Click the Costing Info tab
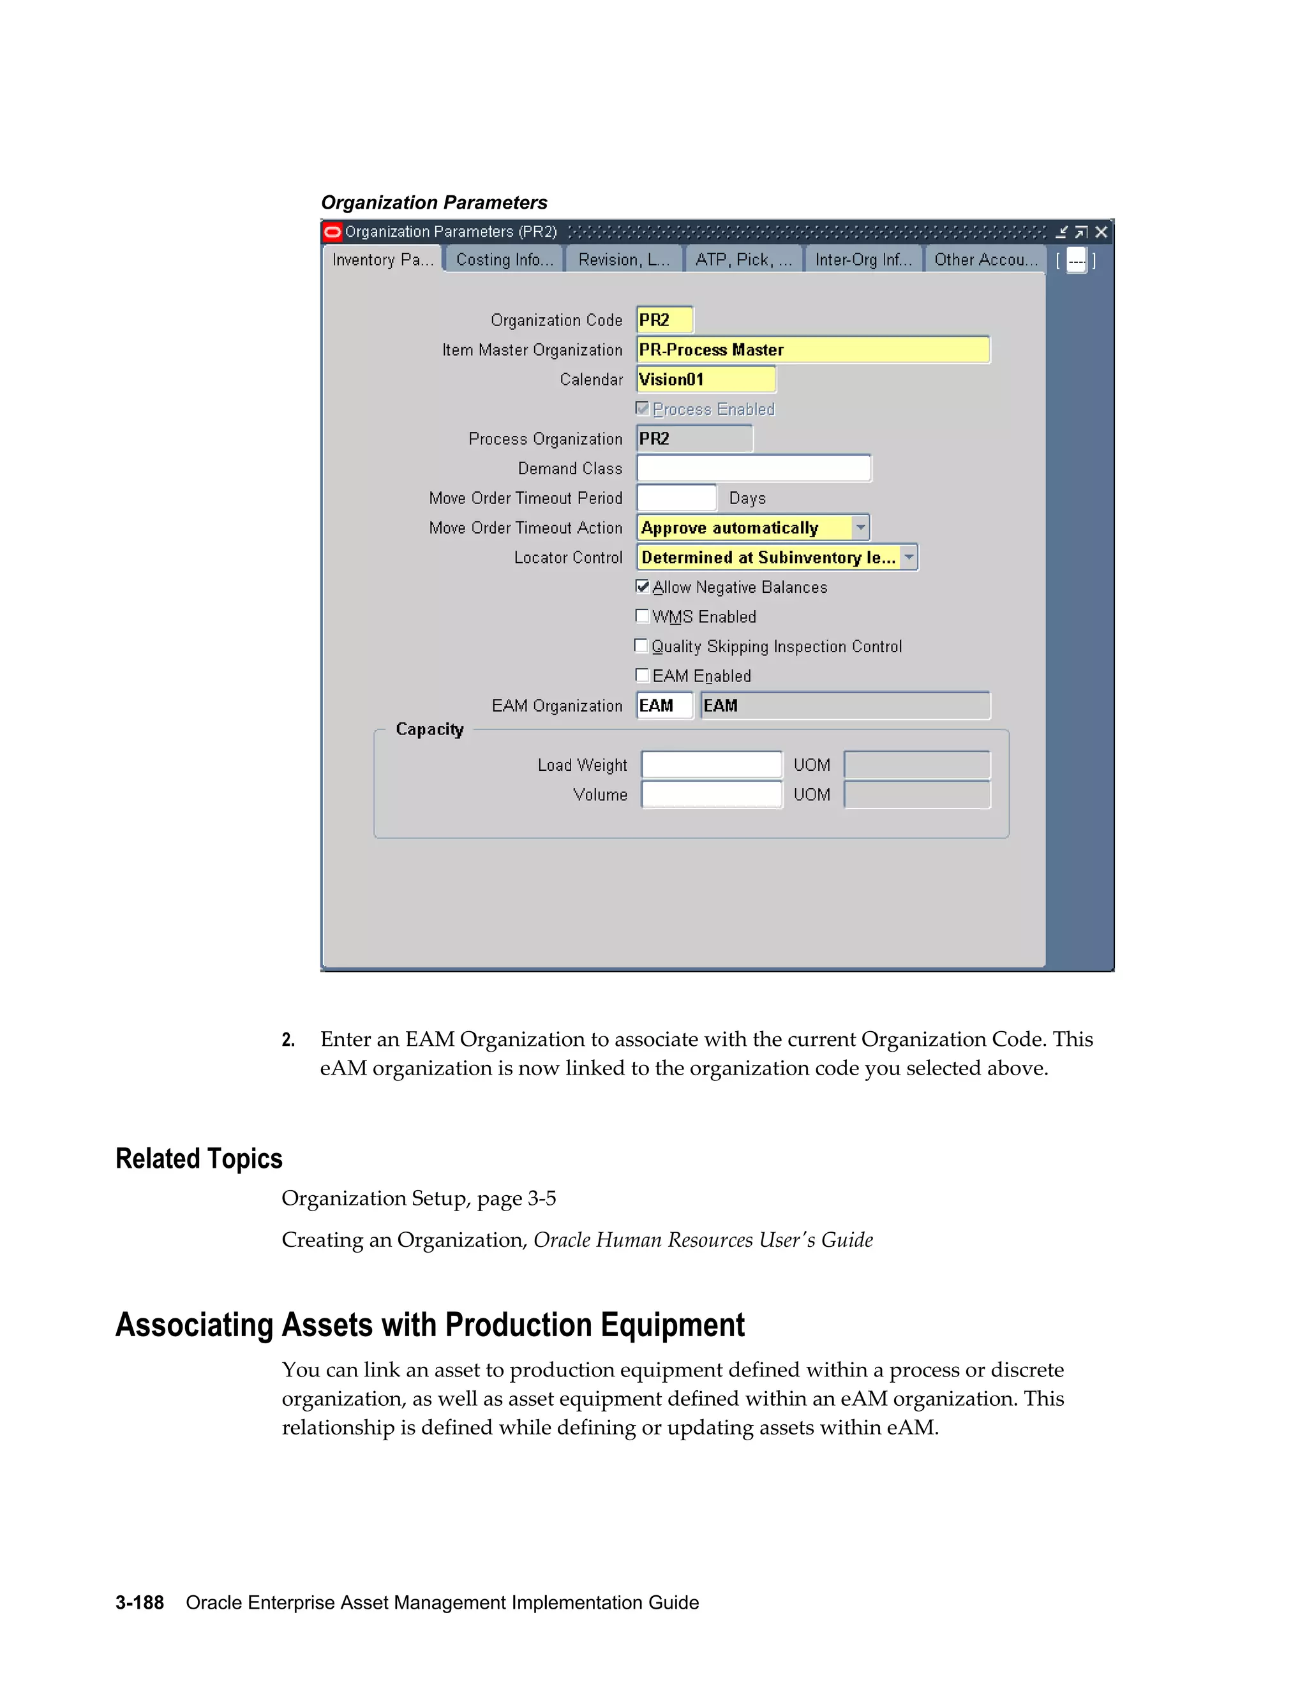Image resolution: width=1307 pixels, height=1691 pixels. click(x=504, y=259)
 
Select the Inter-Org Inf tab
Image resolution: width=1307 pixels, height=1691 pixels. click(x=863, y=259)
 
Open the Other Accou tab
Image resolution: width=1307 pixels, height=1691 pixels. click(x=985, y=259)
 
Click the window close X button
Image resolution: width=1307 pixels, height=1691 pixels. click(x=1101, y=232)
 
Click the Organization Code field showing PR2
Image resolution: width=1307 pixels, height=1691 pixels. click(x=664, y=320)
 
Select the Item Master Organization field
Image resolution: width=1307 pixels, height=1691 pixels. click(x=812, y=350)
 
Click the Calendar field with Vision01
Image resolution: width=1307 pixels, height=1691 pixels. click(x=705, y=380)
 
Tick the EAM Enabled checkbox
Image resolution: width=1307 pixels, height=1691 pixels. click(x=642, y=675)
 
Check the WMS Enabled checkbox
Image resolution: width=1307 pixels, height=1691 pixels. click(x=642, y=616)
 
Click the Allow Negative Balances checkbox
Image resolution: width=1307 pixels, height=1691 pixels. click(x=642, y=587)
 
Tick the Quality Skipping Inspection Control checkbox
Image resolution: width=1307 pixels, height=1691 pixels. click(x=641, y=646)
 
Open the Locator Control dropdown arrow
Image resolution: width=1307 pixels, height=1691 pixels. click(x=909, y=558)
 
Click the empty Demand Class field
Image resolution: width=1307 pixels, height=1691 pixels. click(x=754, y=468)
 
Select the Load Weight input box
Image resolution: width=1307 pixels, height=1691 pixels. click(x=711, y=765)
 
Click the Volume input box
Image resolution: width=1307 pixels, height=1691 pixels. click(x=711, y=794)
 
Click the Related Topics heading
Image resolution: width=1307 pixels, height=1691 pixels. click(x=199, y=1159)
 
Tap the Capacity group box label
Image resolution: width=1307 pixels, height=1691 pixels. click(x=429, y=729)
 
